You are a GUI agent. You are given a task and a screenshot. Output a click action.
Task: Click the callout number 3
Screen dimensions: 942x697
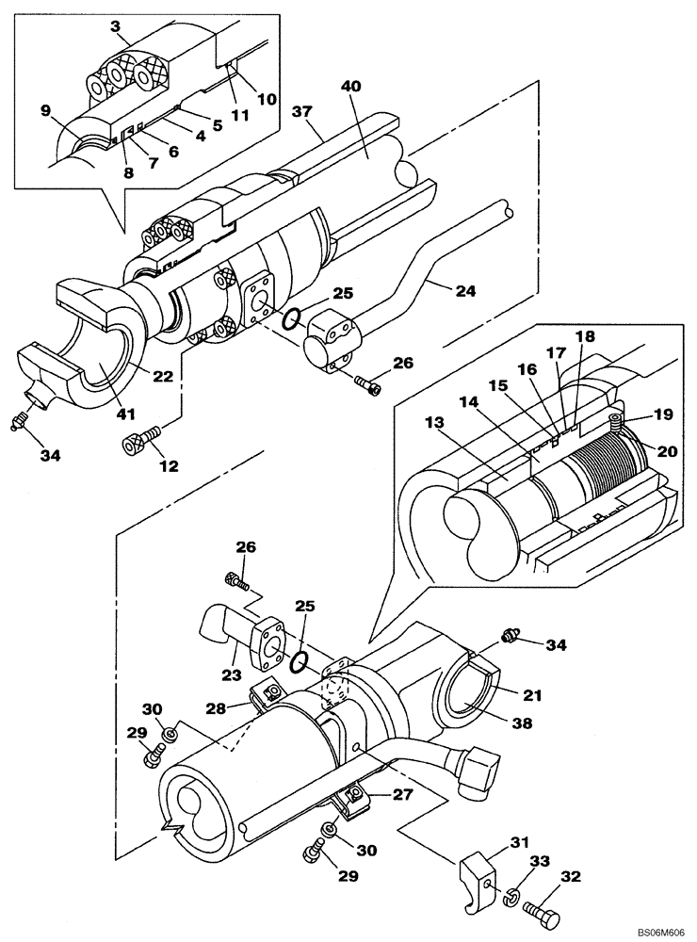pos(116,25)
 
